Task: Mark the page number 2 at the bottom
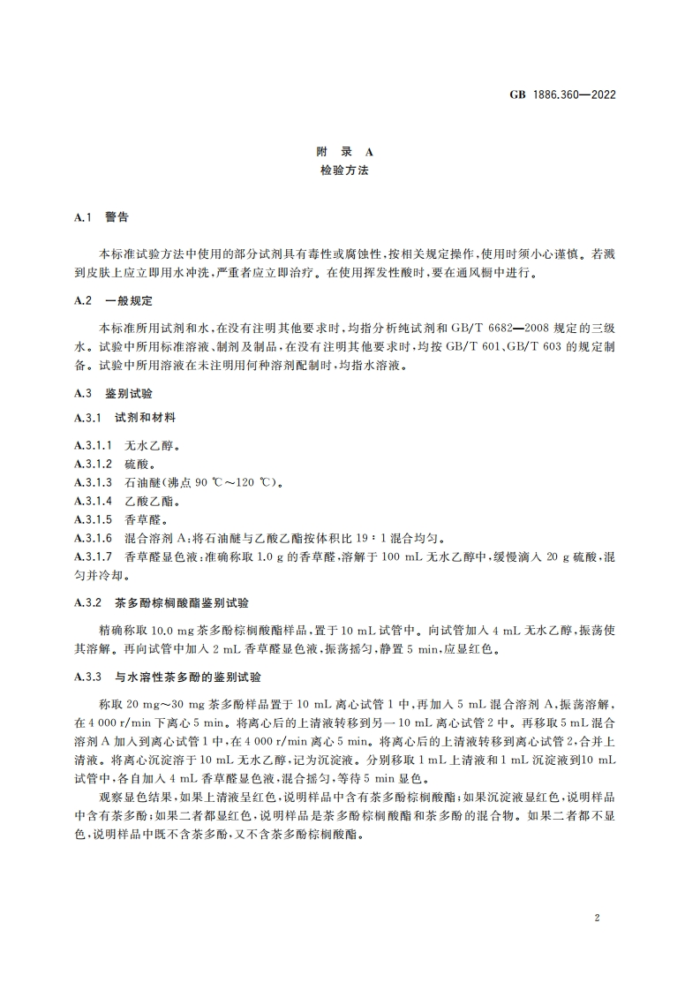[598, 919]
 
